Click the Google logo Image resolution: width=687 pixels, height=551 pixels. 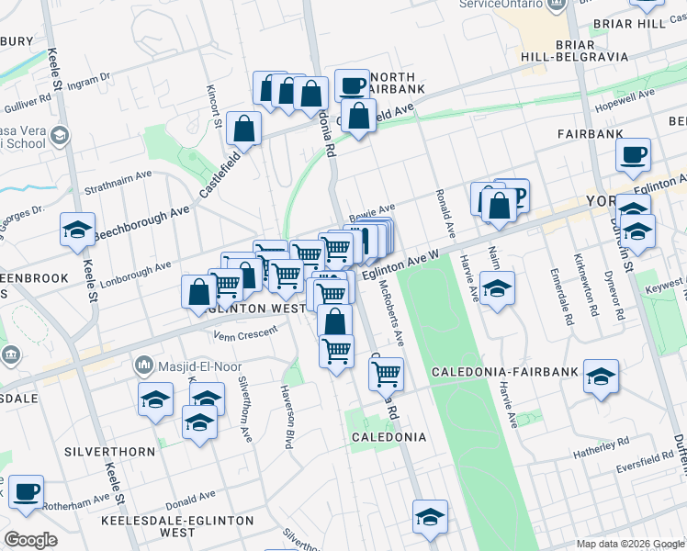(x=31, y=539)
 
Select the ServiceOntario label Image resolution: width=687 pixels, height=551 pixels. (x=501, y=5)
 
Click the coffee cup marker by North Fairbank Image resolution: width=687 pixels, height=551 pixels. (x=352, y=86)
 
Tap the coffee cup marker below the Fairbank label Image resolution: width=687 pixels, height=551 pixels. (x=633, y=156)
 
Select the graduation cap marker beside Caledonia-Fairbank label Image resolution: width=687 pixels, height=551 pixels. (x=602, y=379)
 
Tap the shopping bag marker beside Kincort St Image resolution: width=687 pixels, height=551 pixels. (x=245, y=130)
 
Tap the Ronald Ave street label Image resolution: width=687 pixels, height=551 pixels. (x=445, y=210)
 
